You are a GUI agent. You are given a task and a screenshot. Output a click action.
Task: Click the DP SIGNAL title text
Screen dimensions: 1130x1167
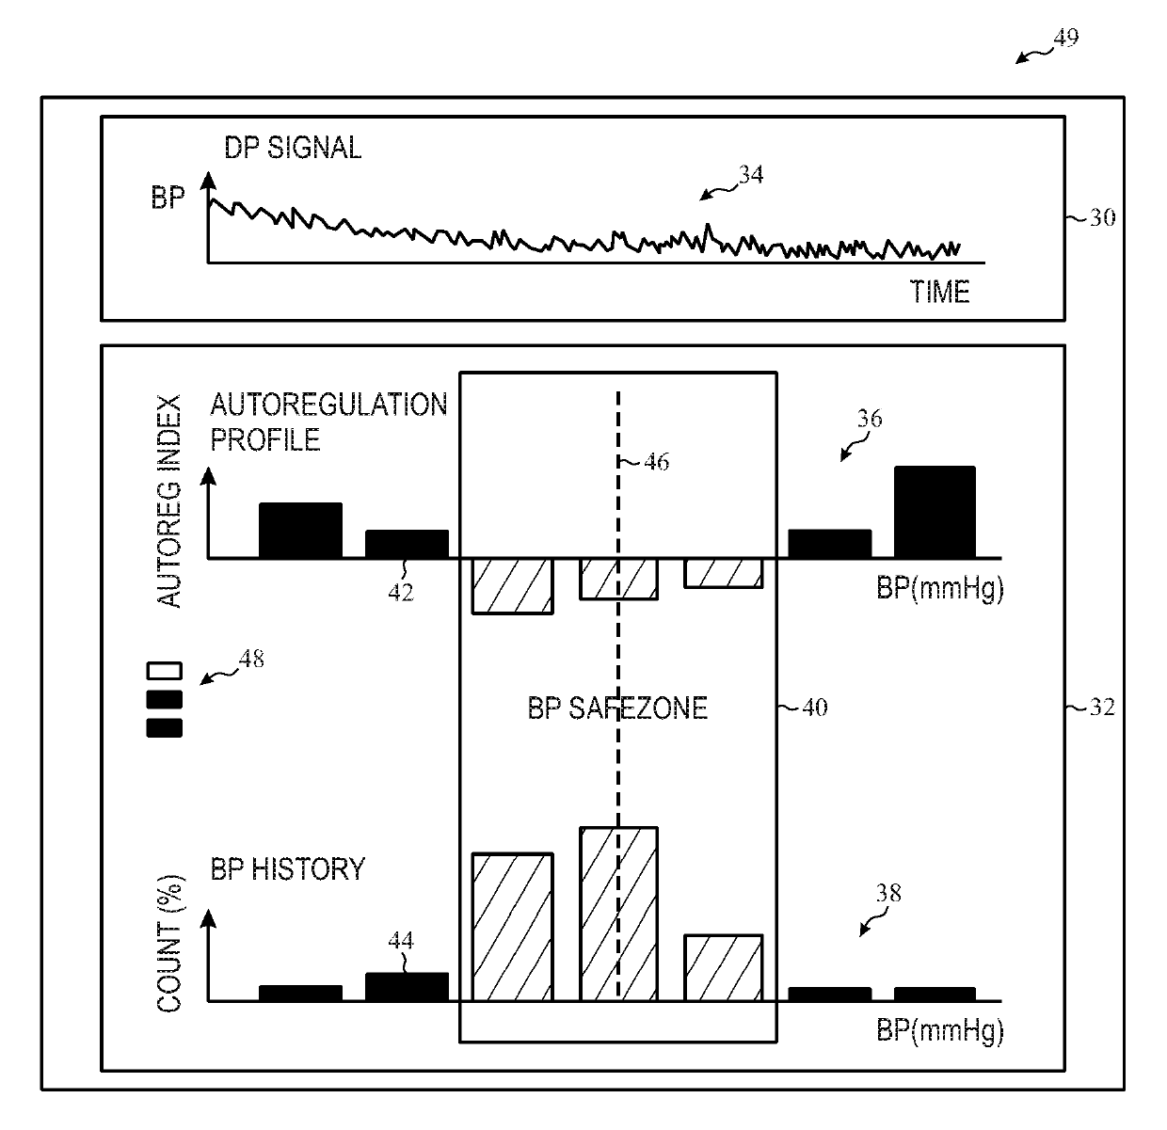pyautogui.click(x=293, y=148)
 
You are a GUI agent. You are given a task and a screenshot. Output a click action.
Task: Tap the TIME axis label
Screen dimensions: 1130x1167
pyautogui.click(x=939, y=292)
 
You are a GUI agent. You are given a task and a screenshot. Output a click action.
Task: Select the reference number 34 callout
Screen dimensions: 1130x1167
pyautogui.click(x=750, y=175)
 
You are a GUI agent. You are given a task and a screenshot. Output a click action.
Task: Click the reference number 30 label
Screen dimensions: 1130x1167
pyautogui.click(x=1101, y=217)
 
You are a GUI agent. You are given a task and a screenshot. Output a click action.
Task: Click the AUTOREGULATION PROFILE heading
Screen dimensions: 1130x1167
pyautogui.click(x=328, y=422)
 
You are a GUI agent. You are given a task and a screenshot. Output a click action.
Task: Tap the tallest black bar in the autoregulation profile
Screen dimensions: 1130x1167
pyautogui.click(x=935, y=512)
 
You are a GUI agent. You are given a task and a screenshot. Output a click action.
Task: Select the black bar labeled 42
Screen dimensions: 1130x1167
pyautogui.click(x=407, y=544)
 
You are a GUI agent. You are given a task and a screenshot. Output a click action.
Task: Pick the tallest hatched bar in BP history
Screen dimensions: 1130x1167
pyautogui.click(x=618, y=913)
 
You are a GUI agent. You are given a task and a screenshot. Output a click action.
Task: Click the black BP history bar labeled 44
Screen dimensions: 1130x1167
pyautogui.click(x=407, y=986)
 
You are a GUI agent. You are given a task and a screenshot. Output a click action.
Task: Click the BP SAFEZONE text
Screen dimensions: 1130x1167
pyautogui.click(x=617, y=708)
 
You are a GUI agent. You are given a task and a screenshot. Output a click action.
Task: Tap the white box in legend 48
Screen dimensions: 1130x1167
pyautogui.click(x=164, y=672)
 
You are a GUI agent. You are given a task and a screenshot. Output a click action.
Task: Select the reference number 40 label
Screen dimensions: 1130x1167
pyautogui.click(x=813, y=707)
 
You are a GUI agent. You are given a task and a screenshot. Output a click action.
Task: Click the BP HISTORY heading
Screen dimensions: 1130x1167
pyautogui.click(x=287, y=867)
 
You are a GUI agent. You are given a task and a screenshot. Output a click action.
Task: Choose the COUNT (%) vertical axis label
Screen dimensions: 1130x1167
pyautogui.click(x=169, y=944)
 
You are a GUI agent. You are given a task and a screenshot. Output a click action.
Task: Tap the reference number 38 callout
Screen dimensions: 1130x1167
pyautogui.click(x=887, y=893)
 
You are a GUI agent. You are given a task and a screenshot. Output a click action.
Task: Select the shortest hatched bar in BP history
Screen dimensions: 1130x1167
pyautogui.click(x=723, y=967)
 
